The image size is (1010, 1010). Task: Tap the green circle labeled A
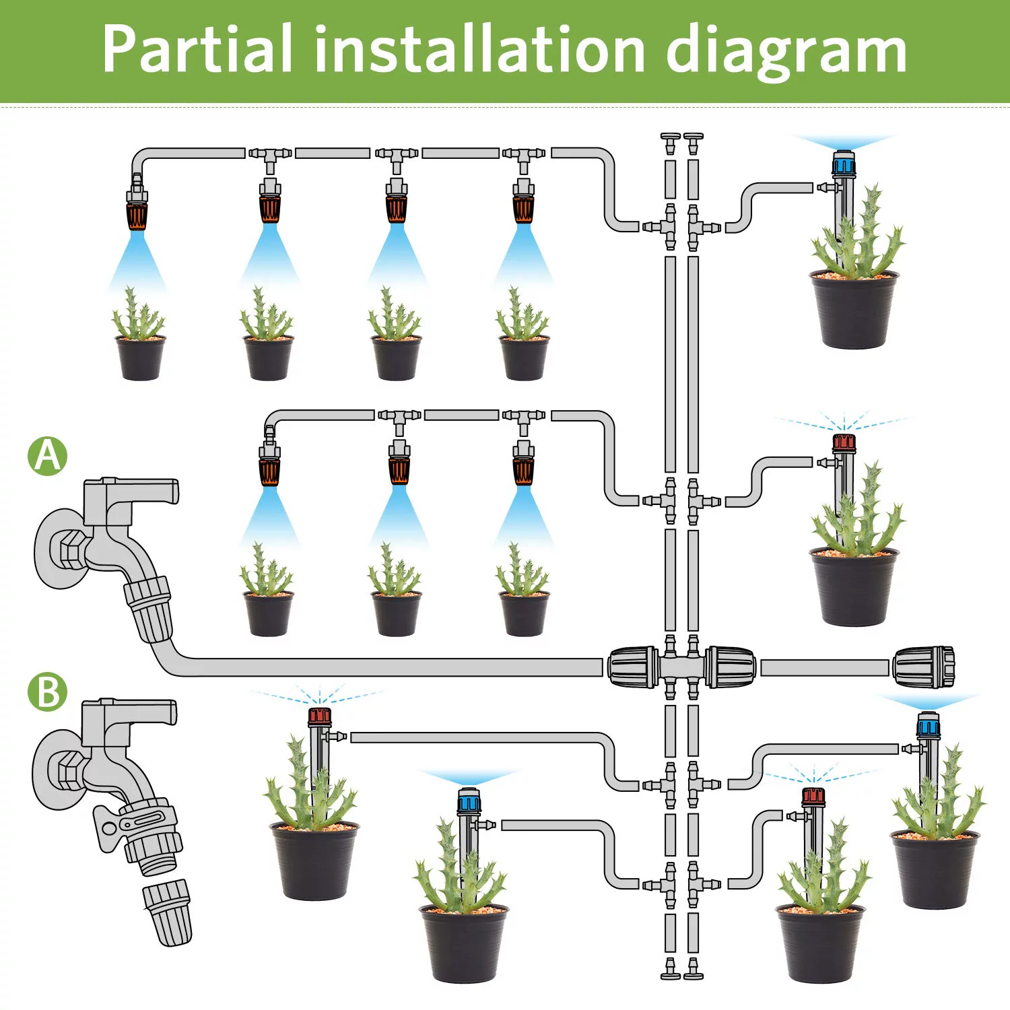tap(47, 456)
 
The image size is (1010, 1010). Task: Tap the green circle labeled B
tap(47, 692)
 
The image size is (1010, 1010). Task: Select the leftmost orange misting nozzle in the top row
tap(137, 214)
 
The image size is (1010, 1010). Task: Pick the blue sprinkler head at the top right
tap(844, 164)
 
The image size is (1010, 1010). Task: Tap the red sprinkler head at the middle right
tap(844, 443)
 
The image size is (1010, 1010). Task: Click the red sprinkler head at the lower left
tap(320, 716)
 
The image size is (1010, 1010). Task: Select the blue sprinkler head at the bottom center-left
tap(469, 801)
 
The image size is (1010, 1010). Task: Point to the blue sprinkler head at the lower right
tap(927, 725)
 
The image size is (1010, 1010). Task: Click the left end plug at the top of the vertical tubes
tap(670, 143)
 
